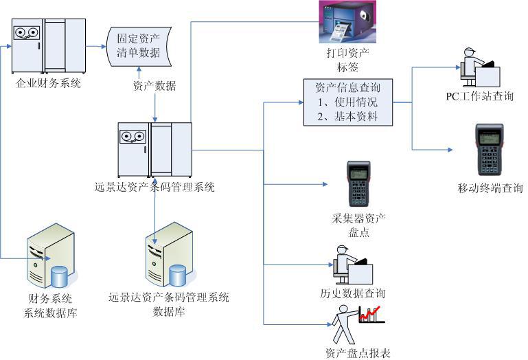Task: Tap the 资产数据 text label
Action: pos(154,87)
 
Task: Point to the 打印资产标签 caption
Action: pos(348,60)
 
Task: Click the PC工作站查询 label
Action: pos(479,96)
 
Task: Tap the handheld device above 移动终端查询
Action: pos(489,149)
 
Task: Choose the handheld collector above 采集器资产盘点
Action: pos(358,184)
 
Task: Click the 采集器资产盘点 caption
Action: pos(358,225)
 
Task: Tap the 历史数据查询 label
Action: pos(353,293)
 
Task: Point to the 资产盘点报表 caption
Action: pos(358,353)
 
